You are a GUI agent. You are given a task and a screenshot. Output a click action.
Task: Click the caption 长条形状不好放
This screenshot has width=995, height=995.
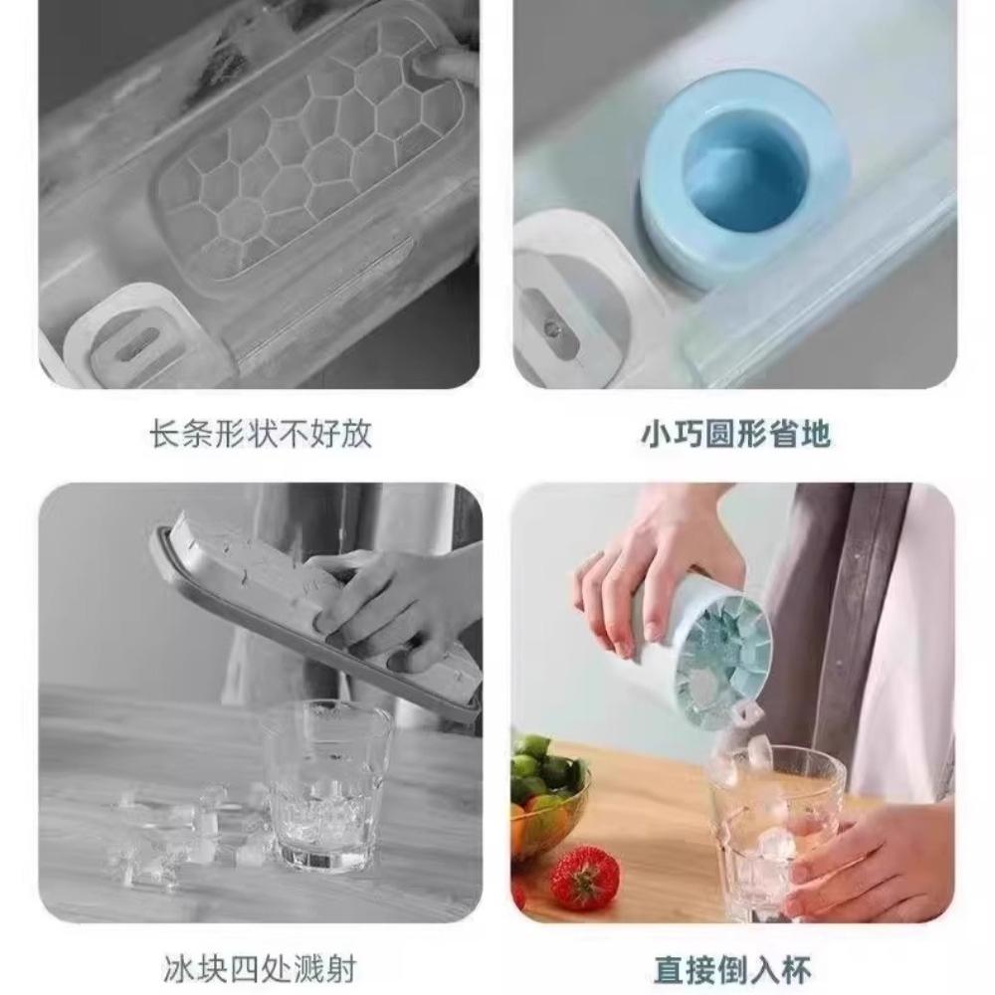click(x=261, y=435)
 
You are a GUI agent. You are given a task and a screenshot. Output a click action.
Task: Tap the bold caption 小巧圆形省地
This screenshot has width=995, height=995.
click(x=734, y=435)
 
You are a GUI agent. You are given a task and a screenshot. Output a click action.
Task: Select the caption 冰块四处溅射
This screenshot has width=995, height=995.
click(x=260, y=967)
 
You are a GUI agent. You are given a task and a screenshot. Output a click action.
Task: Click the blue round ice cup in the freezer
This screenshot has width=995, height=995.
click(x=741, y=179)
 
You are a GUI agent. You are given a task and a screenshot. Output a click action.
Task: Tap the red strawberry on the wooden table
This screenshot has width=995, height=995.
click(x=583, y=877)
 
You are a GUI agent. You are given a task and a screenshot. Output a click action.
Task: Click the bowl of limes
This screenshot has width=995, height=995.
click(x=547, y=796)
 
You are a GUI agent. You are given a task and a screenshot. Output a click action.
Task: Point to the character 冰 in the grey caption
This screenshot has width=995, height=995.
click(x=177, y=967)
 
